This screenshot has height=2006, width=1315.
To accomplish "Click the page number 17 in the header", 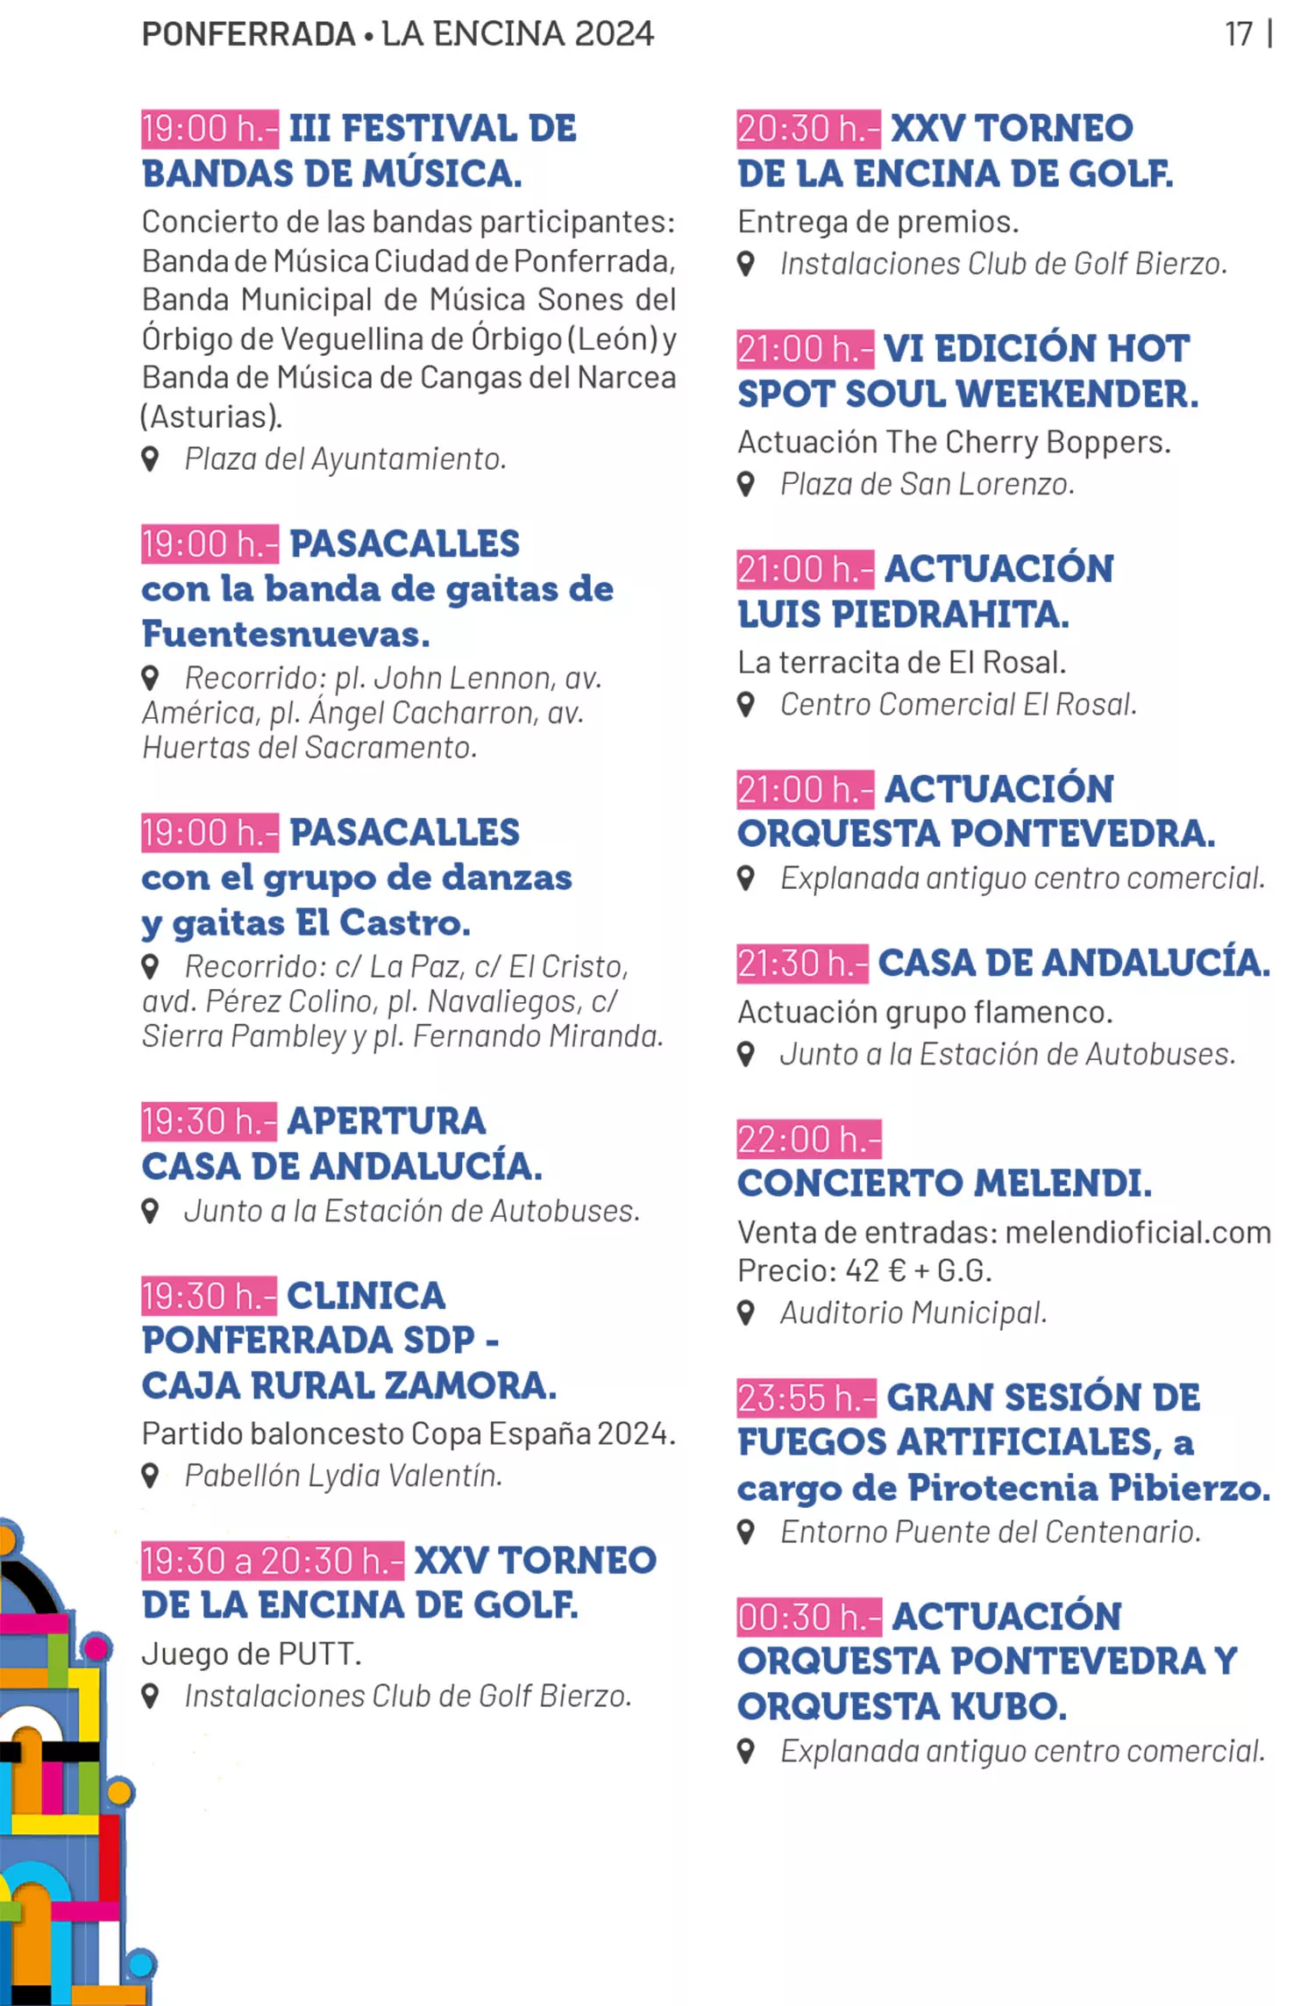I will (1239, 34).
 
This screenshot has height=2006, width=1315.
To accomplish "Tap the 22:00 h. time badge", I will (808, 1139).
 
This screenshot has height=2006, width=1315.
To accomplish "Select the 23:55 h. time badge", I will (806, 1398).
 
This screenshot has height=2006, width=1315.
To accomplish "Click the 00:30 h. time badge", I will (808, 1617).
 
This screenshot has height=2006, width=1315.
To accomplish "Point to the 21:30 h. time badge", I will (802, 964).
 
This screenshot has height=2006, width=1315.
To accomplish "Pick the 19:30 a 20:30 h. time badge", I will (272, 1561).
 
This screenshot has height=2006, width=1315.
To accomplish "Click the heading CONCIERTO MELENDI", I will (944, 1184).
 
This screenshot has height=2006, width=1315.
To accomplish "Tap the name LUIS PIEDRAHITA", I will (903, 615).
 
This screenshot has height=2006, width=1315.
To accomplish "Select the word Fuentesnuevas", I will (286, 634).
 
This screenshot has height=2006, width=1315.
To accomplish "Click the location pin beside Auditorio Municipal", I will (746, 1312).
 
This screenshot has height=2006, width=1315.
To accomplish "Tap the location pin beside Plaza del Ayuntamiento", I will (150, 459).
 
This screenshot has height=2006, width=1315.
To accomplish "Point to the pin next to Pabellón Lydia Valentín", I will (150, 1476).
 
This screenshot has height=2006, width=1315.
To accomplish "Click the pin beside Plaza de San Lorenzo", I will (746, 483).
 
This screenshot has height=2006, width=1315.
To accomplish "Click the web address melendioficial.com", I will (1138, 1232).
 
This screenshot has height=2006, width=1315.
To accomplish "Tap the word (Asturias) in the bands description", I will (211, 416).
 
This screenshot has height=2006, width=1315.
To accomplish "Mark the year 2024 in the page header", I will (614, 34).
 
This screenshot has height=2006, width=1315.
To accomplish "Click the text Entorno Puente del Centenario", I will (991, 1532).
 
